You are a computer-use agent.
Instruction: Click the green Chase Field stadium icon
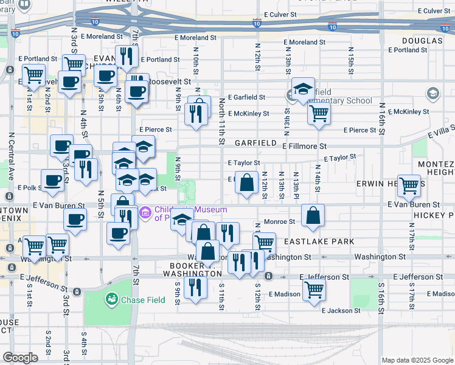pyautogui.click(x=111, y=299)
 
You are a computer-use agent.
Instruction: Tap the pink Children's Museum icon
pyautogui.click(x=145, y=213)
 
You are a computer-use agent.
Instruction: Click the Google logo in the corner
pyautogui.click(x=20, y=358)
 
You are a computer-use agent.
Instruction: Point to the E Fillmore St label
pyautogui.click(x=304, y=146)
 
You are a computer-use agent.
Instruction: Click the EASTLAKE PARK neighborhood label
pyautogui.click(x=319, y=242)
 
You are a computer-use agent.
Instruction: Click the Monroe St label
pyautogui.click(x=279, y=222)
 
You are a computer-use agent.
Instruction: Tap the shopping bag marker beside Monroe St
pyautogui.click(x=313, y=215)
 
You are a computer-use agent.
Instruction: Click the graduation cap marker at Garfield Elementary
pyautogui.click(x=302, y=89)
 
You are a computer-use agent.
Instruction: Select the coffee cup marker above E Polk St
pyautogui.click(x=53, y=180)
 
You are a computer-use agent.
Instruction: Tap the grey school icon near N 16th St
pyautogui.click(x=432, y=93)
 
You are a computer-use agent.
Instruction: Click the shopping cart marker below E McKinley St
pyautogui.click(x=319, y=114)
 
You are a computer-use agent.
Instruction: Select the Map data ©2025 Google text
pyautogui.click(x=417, y=360)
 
